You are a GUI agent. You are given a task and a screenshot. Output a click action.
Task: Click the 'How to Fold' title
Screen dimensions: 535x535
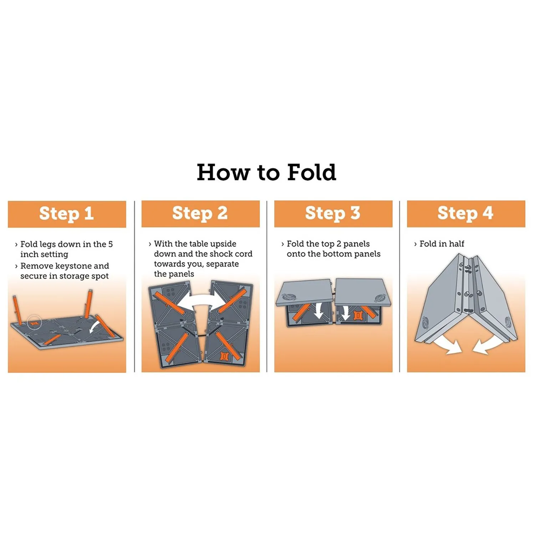(266, 172)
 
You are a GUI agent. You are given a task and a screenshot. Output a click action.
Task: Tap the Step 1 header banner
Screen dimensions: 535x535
(67, 214)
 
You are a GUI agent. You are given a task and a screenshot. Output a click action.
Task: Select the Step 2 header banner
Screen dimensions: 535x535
(200, 214)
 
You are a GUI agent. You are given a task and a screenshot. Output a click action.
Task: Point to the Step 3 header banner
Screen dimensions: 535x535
(333, 214)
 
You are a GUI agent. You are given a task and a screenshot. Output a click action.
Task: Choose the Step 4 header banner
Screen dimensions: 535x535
(466, 214)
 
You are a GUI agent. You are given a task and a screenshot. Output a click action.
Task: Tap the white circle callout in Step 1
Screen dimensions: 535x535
(35, 322)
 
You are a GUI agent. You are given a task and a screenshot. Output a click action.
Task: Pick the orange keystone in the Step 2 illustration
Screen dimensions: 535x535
(225, 357)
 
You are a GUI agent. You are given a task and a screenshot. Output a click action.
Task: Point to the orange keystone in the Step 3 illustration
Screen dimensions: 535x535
(357, 315)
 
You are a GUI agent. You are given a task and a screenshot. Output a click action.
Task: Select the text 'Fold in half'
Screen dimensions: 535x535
(442, 244)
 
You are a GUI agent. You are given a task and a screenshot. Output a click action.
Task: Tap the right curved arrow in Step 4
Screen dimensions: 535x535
(486, 345)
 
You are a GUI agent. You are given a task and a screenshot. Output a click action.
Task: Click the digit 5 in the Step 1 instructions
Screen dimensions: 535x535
(111, 244)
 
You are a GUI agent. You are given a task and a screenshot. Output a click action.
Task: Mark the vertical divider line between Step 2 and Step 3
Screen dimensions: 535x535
(267, 286)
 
